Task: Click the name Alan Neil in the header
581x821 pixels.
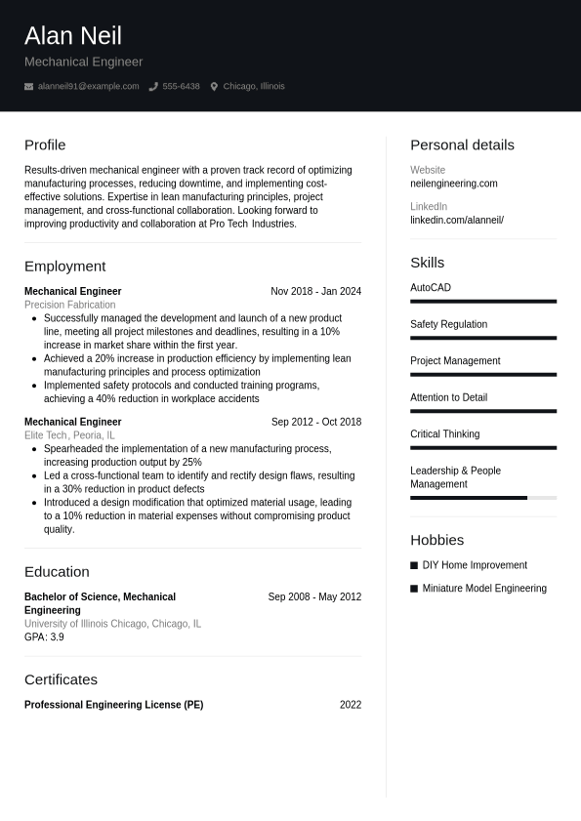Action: [x=73, y=36]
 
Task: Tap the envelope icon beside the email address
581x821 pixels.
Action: [x=28, y=87]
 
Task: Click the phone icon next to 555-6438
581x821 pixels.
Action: [x=153, y=87]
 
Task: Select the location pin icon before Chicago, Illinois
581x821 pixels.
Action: [x=214, y=87]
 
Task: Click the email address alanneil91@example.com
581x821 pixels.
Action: [x=88, y=87]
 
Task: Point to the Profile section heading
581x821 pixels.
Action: [x=45, y=145]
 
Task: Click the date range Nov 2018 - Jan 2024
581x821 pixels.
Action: [x=315, y=292]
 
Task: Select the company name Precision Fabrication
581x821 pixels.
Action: [x=69, y=305]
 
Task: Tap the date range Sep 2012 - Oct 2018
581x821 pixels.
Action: [x=315, y=423]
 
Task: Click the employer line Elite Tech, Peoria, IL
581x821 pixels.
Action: [x=69, y=435]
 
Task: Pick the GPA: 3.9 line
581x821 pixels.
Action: [x=44, y=637]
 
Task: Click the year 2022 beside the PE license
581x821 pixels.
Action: [x=350, y=705]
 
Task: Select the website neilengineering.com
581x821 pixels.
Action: [x=453, y=184]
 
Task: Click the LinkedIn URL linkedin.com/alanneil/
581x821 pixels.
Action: [x=456, y=221]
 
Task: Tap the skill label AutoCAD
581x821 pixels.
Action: [x=431, y=288]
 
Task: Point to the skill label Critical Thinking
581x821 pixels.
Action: [x=444, y=434]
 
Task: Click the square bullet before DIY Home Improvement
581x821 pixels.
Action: [x=414, y=565]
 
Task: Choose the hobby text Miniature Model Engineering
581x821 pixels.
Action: [x=483, y=589]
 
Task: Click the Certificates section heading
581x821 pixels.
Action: [x=61, y=679]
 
